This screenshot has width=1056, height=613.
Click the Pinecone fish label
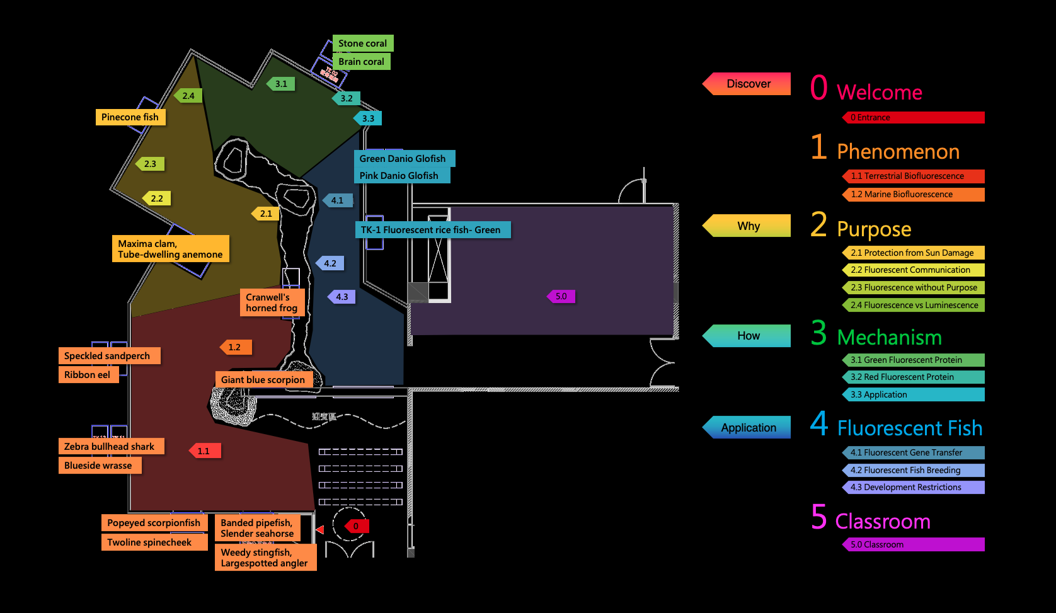[130, 117]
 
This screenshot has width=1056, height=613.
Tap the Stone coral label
[362, 43]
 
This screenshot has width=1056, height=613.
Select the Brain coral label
[361, 62]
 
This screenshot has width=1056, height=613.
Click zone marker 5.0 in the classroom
[561, 296]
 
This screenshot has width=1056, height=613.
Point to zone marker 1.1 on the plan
[204, 451]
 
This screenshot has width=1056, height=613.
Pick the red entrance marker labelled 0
[356, 526]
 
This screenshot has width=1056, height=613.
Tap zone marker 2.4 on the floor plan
[188, 96]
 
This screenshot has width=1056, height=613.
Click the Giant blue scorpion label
[263, 380]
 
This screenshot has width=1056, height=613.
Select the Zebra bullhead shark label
[110, 447]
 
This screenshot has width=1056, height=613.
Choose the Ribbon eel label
[88, 375]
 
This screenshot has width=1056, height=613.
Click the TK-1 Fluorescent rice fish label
[431, 230]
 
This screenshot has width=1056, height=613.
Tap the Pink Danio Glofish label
[399, 176]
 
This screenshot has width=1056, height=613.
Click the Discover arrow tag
[748, 84]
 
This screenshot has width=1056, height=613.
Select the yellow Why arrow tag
[748, 226]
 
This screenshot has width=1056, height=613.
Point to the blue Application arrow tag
[748, 428]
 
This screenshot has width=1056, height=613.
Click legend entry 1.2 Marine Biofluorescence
[913, 195]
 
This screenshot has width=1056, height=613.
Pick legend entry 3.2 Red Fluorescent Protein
[913, 377]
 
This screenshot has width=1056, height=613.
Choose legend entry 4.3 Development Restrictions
[913, 488]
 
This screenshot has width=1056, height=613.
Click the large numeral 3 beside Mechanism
[818, 333]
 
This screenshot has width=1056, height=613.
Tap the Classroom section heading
[882, 522]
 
